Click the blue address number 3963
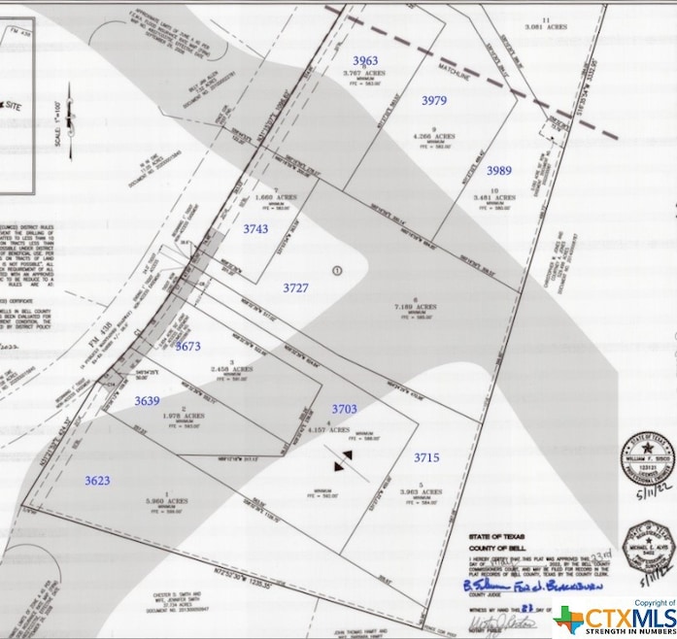365,60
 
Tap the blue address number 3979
434,101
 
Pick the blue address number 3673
188,347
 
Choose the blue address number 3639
148,401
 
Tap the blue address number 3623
98,480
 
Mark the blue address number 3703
345,410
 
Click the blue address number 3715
426,456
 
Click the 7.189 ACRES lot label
423,307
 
